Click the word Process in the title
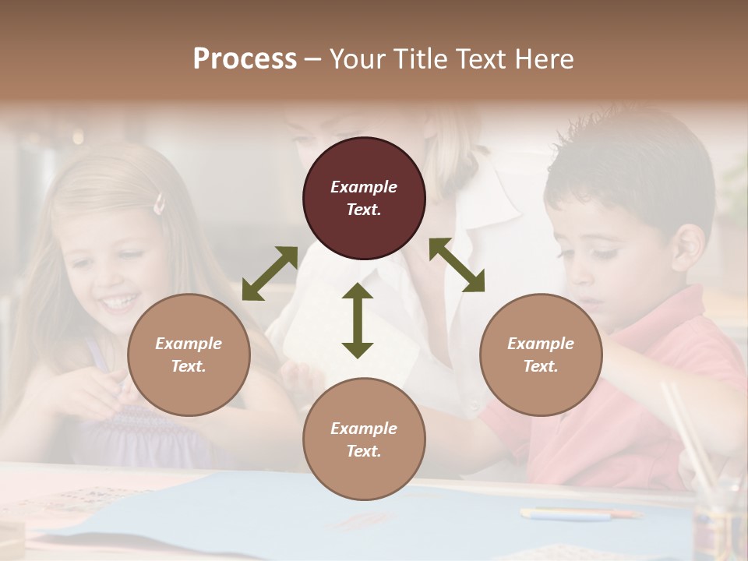click(x=245, y=59)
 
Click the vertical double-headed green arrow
click(x=358, y=320)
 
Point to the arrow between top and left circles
click(x=270, y=273)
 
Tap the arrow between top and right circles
click(x=457, y=265)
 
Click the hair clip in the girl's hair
click(x=160, y=204)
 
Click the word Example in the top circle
click(x=364, y=187)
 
